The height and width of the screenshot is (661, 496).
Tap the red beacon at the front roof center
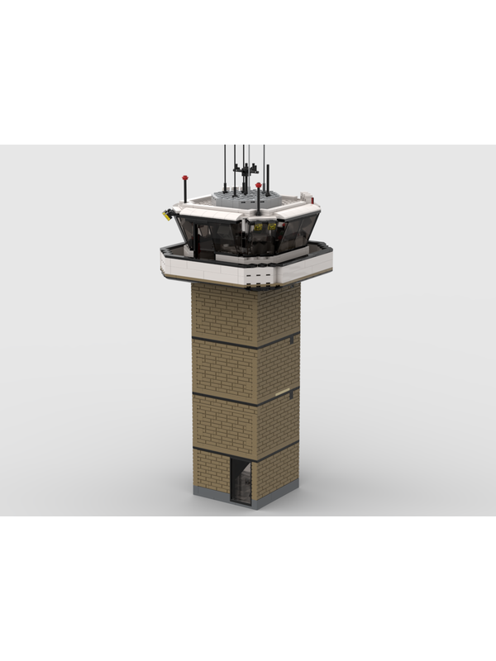click(x=259, y=188)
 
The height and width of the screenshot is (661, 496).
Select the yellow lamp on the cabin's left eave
click(x=168, y=214)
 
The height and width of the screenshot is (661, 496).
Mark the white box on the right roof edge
click(x=308, y=197)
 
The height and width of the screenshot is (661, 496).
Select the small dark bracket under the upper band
click(x=293, y=340)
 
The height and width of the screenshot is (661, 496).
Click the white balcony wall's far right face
click(x=318, y=263)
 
